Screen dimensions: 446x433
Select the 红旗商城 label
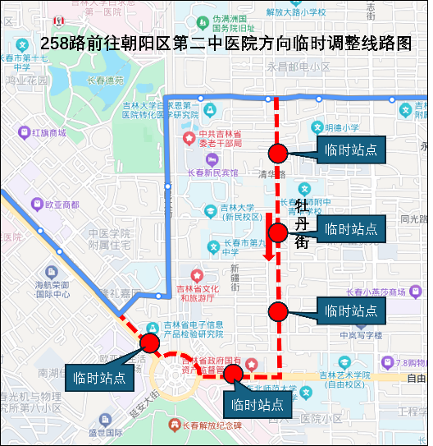click(x=48, y=132)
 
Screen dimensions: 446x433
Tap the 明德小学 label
click(x=341, y=127)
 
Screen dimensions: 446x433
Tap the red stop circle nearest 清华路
click(x=278, y=153)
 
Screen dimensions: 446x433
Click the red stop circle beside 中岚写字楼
click(x=278, y=311)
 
